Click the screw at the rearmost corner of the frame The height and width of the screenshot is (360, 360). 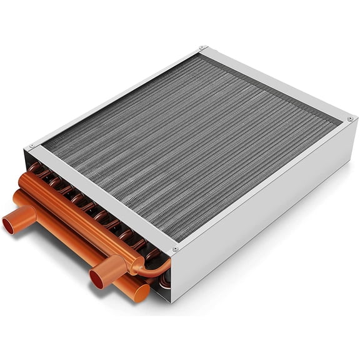pyautogui.click(x=202, y=47)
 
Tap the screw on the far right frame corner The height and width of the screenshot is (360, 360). pyautogui.click(x=350, y=118)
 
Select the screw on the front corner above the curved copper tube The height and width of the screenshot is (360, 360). pyautogui.click(x=175, y=249)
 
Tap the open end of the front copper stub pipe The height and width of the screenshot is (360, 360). pyautogui.click(x=97, y=277)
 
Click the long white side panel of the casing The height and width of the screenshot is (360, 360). pyautogui.click(x=269, y=206)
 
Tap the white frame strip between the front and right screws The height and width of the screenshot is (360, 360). pyautogui.click(x=262, y=184)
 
